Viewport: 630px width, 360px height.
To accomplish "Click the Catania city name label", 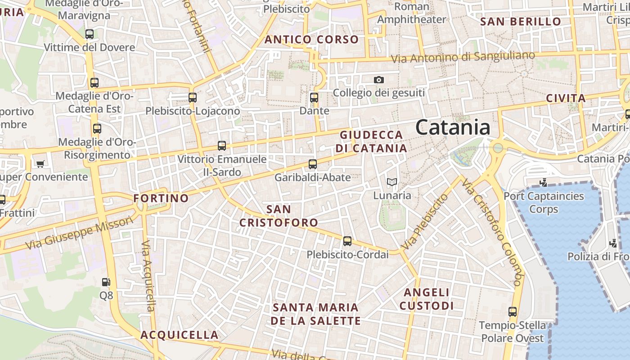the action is [x=453, y=127].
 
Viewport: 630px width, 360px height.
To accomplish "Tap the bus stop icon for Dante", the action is [x=314, y=97].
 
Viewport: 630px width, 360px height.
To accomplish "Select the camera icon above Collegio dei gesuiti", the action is [x=379, y=80].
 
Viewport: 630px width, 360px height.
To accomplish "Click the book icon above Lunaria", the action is [x=392, y=182].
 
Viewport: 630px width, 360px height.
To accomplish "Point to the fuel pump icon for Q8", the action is [x=106, y=282].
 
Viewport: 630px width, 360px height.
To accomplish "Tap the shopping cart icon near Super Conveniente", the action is [x=40, y=164].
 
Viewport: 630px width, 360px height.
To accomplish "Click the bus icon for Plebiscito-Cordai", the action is [x=347, y=241].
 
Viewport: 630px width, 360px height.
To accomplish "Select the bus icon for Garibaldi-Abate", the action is [x=313, y=164].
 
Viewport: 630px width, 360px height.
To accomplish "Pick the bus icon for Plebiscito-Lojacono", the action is [x=193, y=97].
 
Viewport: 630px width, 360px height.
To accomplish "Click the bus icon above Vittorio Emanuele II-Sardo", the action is [x=222, y=146].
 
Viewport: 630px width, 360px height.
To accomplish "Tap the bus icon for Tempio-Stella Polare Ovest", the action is [x=512, y=311].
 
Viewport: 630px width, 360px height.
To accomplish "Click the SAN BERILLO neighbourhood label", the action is [x=521, y=22].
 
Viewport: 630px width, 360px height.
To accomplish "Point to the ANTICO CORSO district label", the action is [x=311, y=40].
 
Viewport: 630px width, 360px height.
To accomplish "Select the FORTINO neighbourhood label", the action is [x=161, y=198].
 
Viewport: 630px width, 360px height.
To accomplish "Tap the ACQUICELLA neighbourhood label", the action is [x=180, y=335].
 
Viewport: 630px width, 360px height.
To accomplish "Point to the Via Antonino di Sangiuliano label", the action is [x=463, y=57].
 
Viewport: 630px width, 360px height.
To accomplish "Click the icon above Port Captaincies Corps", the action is [x=544, y=182].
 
